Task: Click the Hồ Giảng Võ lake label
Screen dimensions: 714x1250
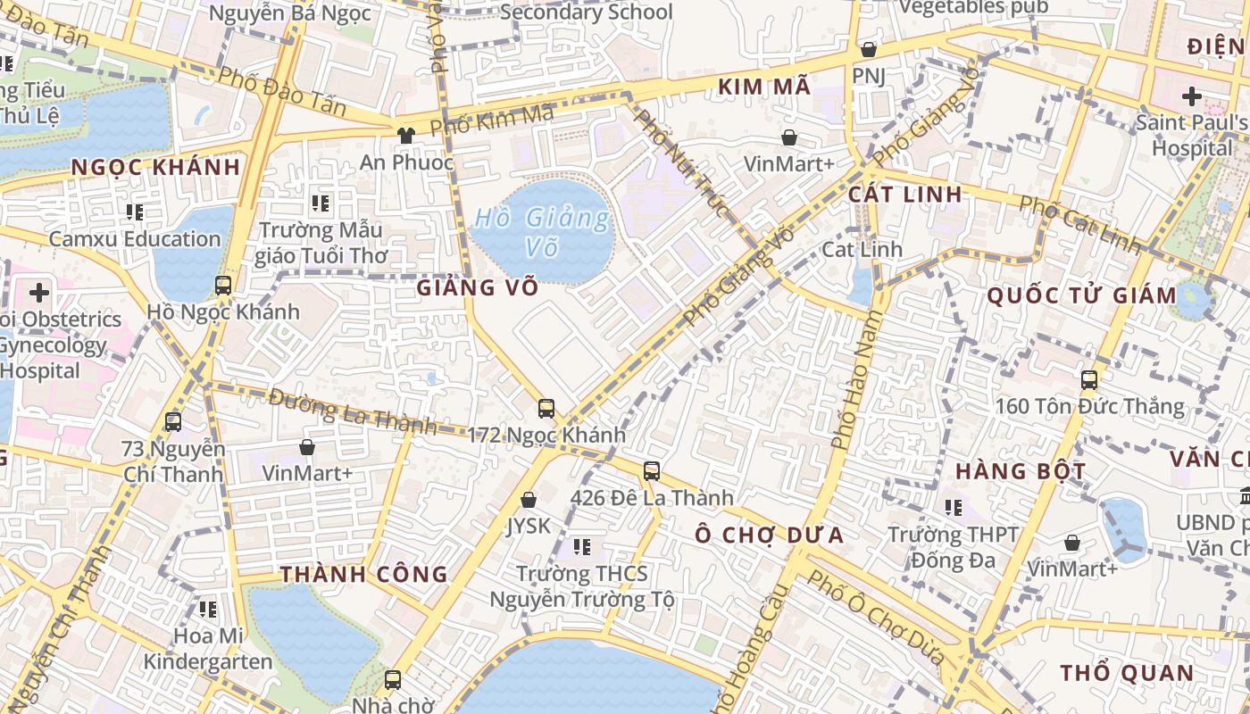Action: (x=542, y=231)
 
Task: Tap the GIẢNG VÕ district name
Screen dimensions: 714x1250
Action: (x=478, y=287)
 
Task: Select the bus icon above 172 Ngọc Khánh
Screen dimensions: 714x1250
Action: (x=546, y=409)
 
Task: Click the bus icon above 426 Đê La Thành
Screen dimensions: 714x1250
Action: (x=652, y=470)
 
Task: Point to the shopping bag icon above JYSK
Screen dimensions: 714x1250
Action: (x=529, y=500)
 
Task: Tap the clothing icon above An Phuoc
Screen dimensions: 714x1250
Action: (x=406, y=136)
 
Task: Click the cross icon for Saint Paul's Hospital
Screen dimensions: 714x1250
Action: (x=1192, y=95)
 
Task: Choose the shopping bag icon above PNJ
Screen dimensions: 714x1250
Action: (x=868, y=49)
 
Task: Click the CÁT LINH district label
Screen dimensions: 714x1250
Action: (x=905, y=194)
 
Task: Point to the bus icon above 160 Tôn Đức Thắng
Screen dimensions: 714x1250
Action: (x=1089, y=379)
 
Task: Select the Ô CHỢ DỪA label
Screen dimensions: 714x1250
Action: (x=769, y=535)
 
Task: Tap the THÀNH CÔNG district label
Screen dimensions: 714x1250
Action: (x=364, y=574)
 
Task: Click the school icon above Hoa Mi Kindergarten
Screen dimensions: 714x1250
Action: (x=208, y=610)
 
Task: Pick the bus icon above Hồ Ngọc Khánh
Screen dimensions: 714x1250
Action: (x=223, y=286)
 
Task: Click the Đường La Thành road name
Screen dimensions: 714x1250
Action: (x=352, y=411)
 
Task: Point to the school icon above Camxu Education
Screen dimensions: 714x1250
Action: (x=135, y=212)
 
